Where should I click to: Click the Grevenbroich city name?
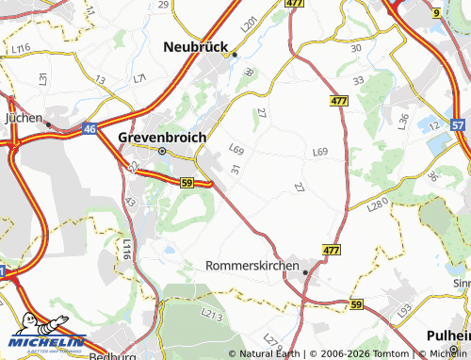[x=161, y=137]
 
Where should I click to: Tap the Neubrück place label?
[x=202, y=45]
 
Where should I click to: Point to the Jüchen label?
[x=24, y=119]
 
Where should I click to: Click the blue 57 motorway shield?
[x=458, y=123]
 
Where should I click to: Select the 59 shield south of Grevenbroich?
[x=187, y=181]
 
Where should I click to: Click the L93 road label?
[x=405, y=310]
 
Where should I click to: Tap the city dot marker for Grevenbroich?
[x=162, y=151]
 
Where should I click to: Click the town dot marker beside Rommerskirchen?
[x=307, y=268]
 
